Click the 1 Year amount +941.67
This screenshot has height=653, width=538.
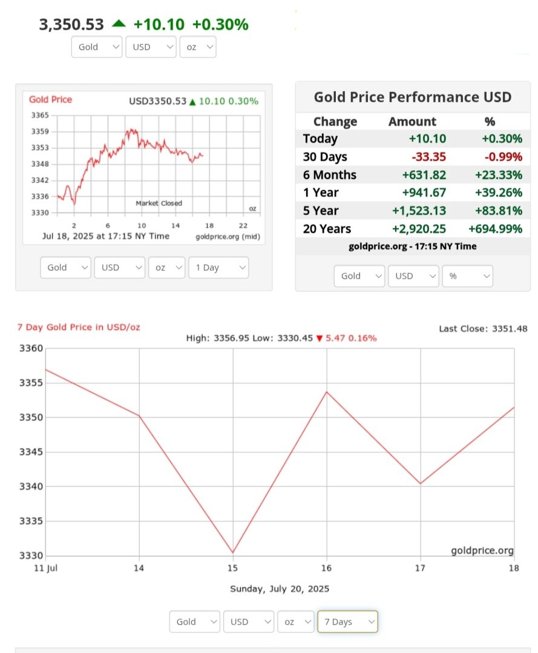point(424,193)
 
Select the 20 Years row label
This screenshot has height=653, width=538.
point(327,228)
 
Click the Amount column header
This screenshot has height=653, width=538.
point(412,122)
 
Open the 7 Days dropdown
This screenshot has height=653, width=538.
point(347,622)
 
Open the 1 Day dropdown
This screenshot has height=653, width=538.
point(218,267)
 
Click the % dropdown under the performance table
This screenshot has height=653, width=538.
point(467,276)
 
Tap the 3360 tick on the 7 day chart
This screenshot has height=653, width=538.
point(31,348)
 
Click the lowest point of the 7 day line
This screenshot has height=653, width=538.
point(233,553)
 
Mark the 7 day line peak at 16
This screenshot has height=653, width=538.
point(327,392)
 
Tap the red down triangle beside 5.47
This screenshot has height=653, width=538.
point(320,338)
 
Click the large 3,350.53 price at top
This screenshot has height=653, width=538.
point(71,24)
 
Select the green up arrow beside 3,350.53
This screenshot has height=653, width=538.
point(119,24)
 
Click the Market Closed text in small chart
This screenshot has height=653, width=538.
point(159,203)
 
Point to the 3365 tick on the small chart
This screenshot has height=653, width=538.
point(40,115)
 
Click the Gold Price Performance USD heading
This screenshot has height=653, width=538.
point(412,98)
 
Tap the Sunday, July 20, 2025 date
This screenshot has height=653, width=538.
point(280,589)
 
